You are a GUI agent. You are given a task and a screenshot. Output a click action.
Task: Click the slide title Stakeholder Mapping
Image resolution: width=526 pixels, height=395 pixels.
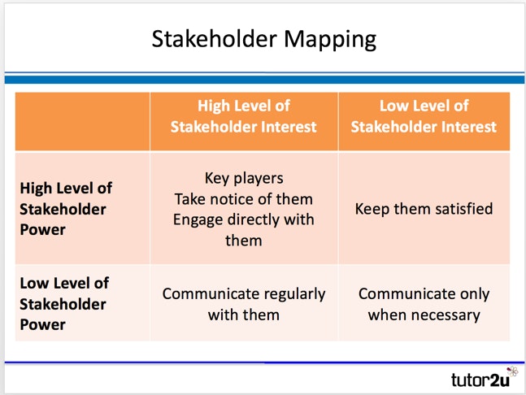(x=263, y=38)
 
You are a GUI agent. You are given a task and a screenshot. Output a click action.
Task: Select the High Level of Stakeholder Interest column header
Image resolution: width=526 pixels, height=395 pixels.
(x=244, y=116)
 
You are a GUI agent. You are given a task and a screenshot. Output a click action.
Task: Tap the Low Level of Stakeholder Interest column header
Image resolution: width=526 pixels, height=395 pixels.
(x=424, y=116)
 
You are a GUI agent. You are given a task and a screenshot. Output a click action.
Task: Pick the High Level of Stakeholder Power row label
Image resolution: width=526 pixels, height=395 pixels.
(x=66, y=209)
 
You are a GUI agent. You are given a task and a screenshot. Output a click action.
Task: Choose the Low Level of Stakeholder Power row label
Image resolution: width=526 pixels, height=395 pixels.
(x=63, y=304)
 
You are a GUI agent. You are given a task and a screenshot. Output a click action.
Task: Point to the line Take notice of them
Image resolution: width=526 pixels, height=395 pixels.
(x=244, y=199)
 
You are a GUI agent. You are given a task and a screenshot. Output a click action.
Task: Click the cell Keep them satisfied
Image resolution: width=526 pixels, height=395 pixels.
(x=424, y=209)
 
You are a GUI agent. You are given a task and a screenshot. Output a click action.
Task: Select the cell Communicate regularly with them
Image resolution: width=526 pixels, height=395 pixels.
(x=244, y=303)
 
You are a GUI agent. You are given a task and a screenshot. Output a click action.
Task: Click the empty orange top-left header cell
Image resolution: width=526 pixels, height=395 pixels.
(x=82, y=121)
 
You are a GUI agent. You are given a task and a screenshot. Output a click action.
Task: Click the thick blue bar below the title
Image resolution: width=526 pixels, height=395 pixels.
(x=263, y=80)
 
